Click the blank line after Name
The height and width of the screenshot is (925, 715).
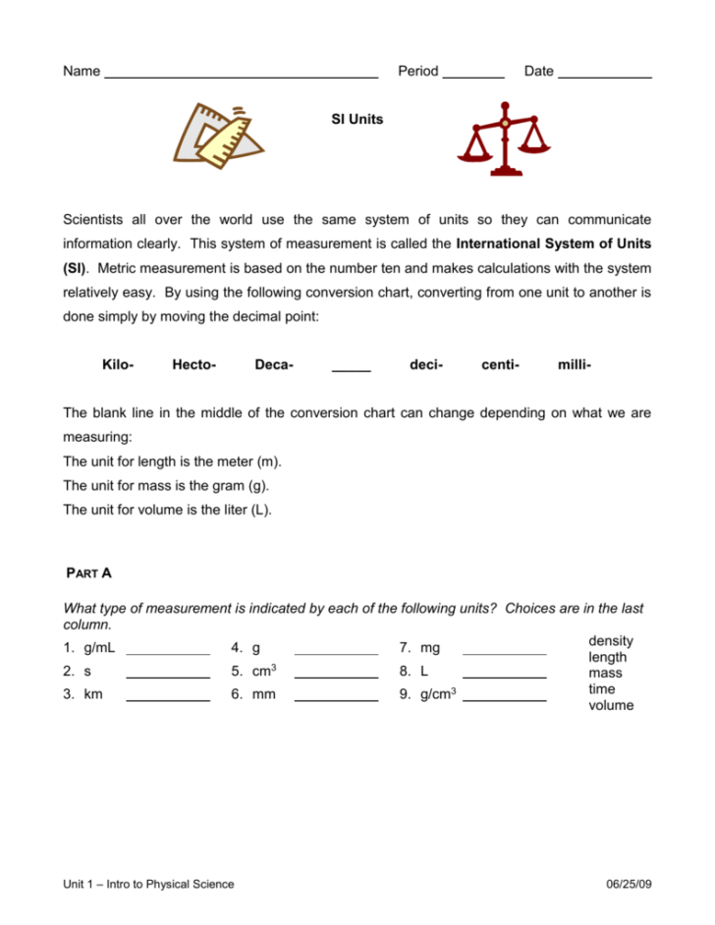point(241,76)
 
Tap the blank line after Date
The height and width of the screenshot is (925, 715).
point(604,76)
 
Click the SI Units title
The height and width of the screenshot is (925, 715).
point(357,120)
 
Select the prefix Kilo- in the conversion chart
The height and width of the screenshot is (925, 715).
point(118,365)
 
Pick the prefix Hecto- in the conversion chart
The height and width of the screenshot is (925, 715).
point(193,365)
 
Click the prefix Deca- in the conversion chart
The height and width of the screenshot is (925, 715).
point(274,365)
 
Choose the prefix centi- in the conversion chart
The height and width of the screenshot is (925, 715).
point(500,365)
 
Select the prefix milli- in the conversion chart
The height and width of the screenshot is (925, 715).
point(574,365)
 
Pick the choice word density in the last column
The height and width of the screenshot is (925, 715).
point(610,641)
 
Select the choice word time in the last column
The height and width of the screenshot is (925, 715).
point(602,689)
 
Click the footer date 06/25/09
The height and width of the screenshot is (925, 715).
point(630,884)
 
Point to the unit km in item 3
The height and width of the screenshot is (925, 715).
point(93,694)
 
